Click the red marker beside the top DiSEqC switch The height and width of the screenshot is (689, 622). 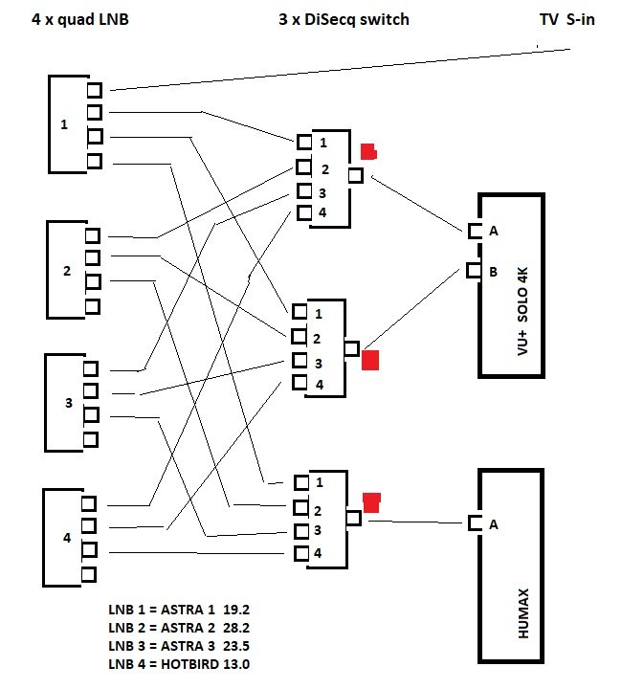368,151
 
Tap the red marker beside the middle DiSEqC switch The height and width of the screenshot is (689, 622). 371,361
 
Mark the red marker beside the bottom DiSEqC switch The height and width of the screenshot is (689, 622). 371,500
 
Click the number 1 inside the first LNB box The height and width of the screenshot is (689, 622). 64,124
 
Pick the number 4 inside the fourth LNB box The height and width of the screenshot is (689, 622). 67,538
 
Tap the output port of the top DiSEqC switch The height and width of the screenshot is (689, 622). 356,175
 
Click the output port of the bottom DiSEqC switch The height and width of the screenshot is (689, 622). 352,518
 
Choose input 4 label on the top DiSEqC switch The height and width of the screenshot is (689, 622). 322,212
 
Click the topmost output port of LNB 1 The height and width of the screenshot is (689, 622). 94,91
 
